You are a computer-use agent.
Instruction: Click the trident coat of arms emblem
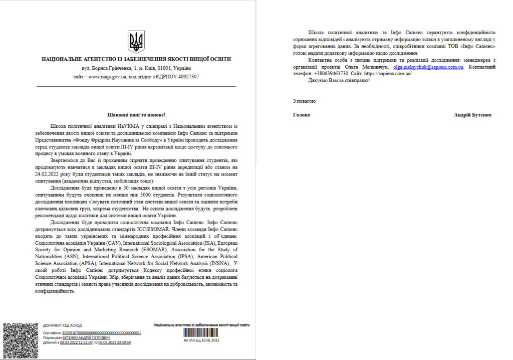click(136, 41)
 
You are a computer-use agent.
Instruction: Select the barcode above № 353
click(201, 333)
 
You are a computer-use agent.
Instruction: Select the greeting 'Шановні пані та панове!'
click(136, 115)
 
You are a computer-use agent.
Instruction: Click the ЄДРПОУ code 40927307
click(186, 77)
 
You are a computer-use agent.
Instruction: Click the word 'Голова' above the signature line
click(301, 115)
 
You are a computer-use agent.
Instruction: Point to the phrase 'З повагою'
click(304, 101)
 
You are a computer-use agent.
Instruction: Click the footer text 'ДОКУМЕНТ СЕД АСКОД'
click(62, 325)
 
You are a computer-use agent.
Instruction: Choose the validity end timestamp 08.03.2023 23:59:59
click(114, 343)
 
